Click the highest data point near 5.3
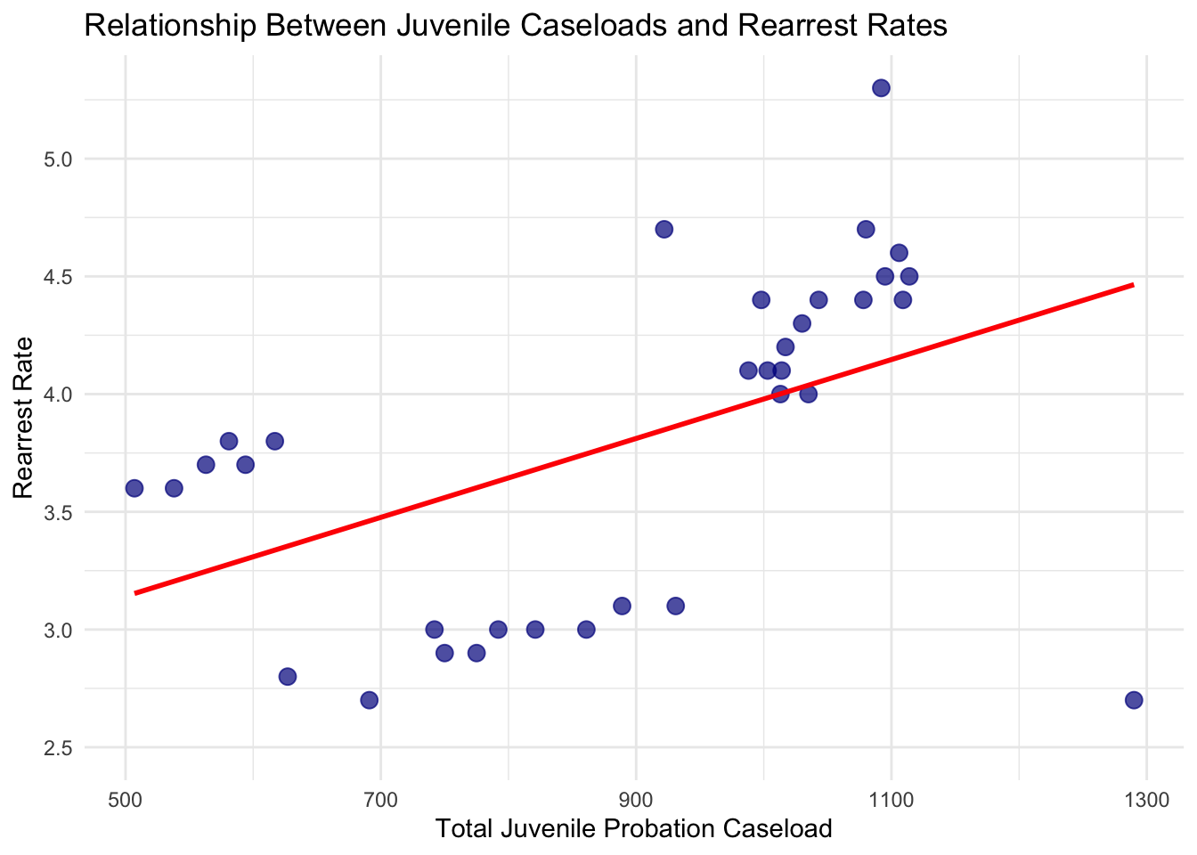pos(881,88)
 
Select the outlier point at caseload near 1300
pos(1133,700)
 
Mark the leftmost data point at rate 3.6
pos(134,488)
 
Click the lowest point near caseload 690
pos(369,700)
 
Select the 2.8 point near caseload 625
pos(287,676)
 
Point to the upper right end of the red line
pos(1133,285)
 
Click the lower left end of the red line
pos(135,592)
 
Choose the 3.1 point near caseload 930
pos(675,607)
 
